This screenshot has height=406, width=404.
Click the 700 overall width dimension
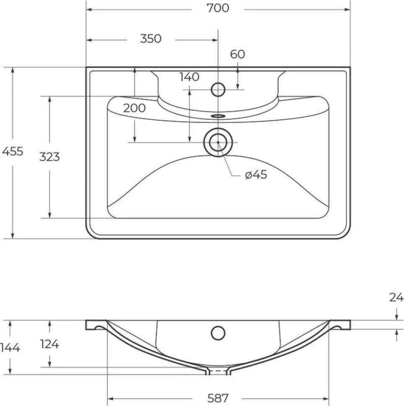click(218, 8)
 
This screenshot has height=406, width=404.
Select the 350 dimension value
click(150, 39)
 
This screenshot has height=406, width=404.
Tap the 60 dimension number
click(237, 54)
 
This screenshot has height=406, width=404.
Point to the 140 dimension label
click(189, 77)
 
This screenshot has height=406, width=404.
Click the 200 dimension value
click(135, 108)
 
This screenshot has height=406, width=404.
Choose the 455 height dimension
click(13, 151)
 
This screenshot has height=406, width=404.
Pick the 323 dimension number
click(49, 157)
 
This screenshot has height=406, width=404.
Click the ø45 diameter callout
click(256, 175)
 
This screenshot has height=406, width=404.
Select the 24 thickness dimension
click(396, 297)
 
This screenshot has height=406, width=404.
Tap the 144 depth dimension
click(10, 347)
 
